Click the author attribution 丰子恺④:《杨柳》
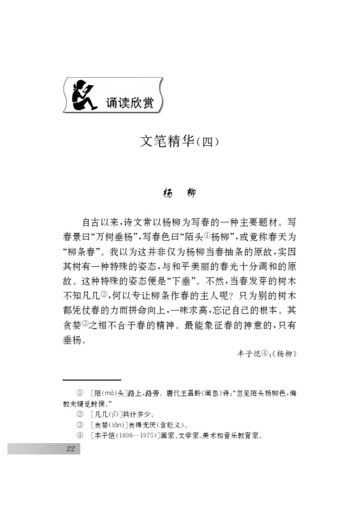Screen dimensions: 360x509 point(268,353)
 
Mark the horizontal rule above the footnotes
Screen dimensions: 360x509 point(92,379)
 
